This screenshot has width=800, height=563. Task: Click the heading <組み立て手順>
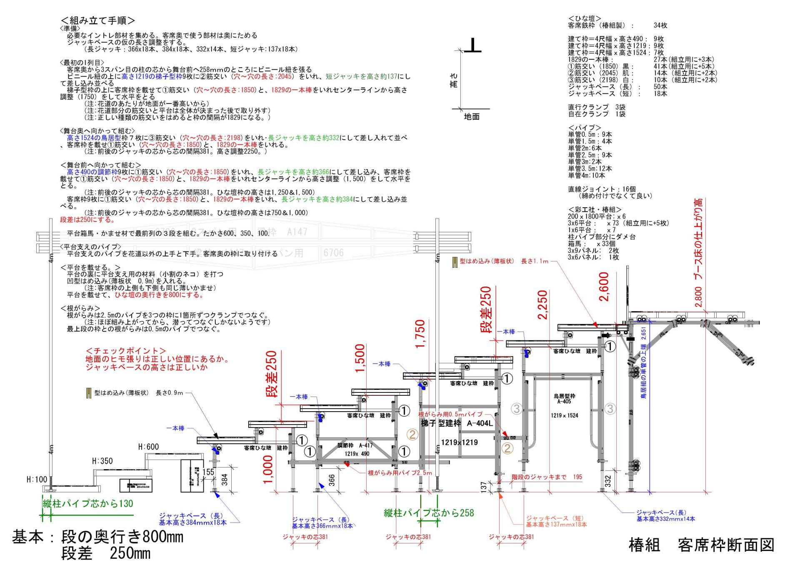coord(98,20)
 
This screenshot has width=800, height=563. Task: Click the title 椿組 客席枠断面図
coord(701,545)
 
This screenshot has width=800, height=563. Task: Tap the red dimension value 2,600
coord(604,287)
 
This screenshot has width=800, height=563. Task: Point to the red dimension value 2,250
coord(542,305)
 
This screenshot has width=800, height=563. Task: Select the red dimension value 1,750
coord(420,334)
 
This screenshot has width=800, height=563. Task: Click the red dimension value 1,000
coord(268,470)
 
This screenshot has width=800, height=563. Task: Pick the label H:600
coord(148,447)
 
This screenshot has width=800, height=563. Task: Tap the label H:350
coord(102,461)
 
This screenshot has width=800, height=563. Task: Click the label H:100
coord(37,480)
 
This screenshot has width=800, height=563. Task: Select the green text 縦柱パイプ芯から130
coord(88,503)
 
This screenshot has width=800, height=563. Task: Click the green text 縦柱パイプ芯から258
coord(429,513)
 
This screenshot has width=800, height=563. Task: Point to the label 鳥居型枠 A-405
coord(564,399)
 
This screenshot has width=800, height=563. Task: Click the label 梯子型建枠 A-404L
coord(457,424)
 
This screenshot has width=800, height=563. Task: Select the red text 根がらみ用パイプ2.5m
coord(400,473)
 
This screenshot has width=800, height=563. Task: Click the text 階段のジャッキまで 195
coord(547,477)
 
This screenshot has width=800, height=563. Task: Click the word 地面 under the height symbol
coord(472,117)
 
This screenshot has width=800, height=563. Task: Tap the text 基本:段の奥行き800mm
coord(97,537)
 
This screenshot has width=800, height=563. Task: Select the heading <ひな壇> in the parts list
coord(585,19)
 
